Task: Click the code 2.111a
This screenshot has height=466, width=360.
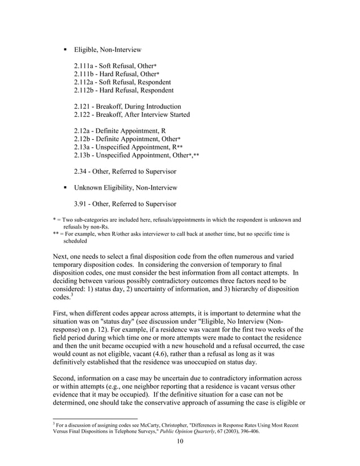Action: click(85, 66)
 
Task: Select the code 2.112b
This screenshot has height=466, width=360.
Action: click(85, 90)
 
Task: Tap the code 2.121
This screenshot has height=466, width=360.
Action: click(84, 106)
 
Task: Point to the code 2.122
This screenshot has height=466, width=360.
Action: click(84, 115)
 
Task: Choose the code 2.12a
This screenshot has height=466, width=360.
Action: click(84, 130)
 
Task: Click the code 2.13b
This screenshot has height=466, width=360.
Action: click(84, 155)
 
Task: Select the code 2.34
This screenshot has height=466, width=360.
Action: click(82, 171)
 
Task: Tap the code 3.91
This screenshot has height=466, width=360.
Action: click(82, 204)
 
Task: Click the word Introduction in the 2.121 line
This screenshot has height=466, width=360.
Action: click(161, 106)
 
